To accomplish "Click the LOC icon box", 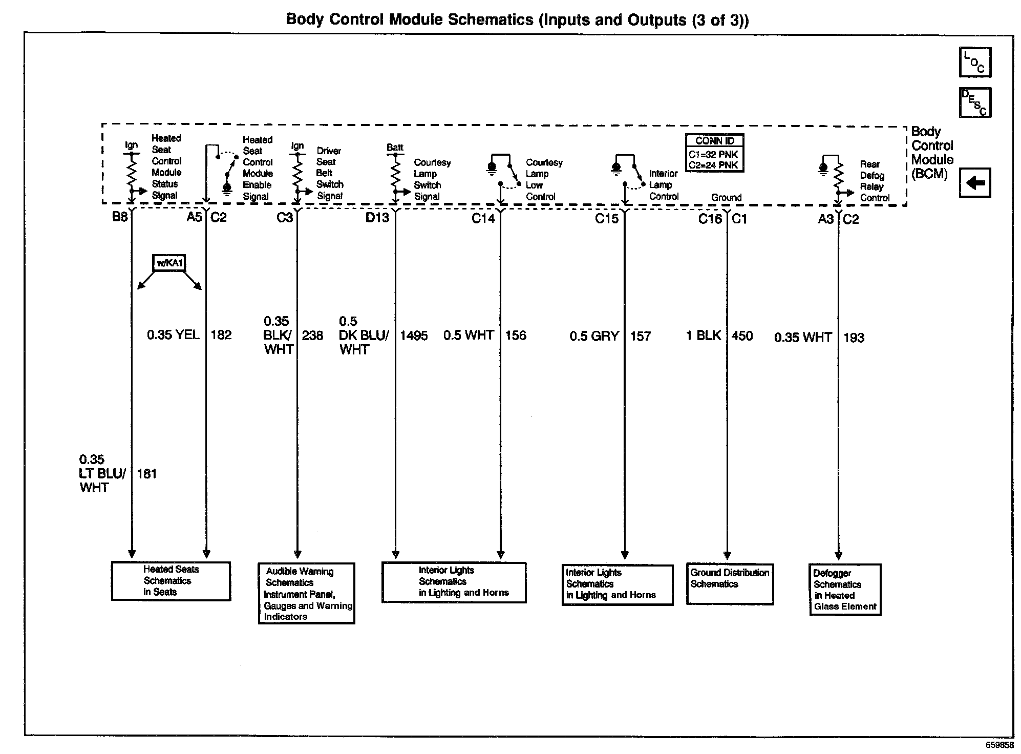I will coord(975,62).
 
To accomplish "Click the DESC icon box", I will coord(975,102).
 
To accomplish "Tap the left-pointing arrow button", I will coord(975,183).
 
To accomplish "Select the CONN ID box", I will coord(714,153).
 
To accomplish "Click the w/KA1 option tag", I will coord(169,263).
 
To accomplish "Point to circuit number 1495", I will coord(414,336).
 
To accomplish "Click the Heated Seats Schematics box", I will coord(171,581).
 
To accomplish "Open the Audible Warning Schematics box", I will coord(306,594).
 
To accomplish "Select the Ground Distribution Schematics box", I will coord(730,584).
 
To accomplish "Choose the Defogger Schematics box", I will coord(845,590).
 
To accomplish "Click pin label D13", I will coord(377,218).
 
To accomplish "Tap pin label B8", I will coord(120,217).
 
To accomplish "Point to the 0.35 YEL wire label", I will coord(173,335).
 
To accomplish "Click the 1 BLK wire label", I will coord(704,336).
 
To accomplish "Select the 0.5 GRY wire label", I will coord(594,337).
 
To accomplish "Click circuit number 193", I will coord(854,338).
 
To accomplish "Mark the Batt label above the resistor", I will coord(395,148).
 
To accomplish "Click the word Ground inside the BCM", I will coord(726,198).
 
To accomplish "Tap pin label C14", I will coord(483,219).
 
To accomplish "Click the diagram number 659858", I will coord(1000,745).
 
